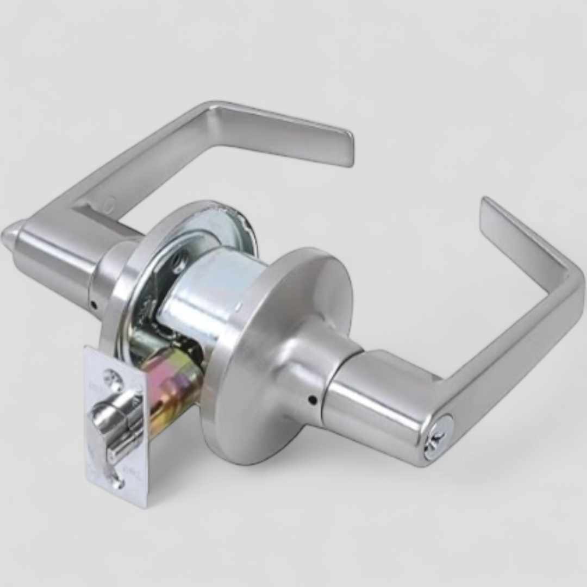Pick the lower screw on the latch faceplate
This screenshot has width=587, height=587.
pos(115,482)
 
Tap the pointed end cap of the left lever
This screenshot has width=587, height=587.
pos(9,235)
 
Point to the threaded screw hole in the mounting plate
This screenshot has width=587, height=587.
pos(178,265)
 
